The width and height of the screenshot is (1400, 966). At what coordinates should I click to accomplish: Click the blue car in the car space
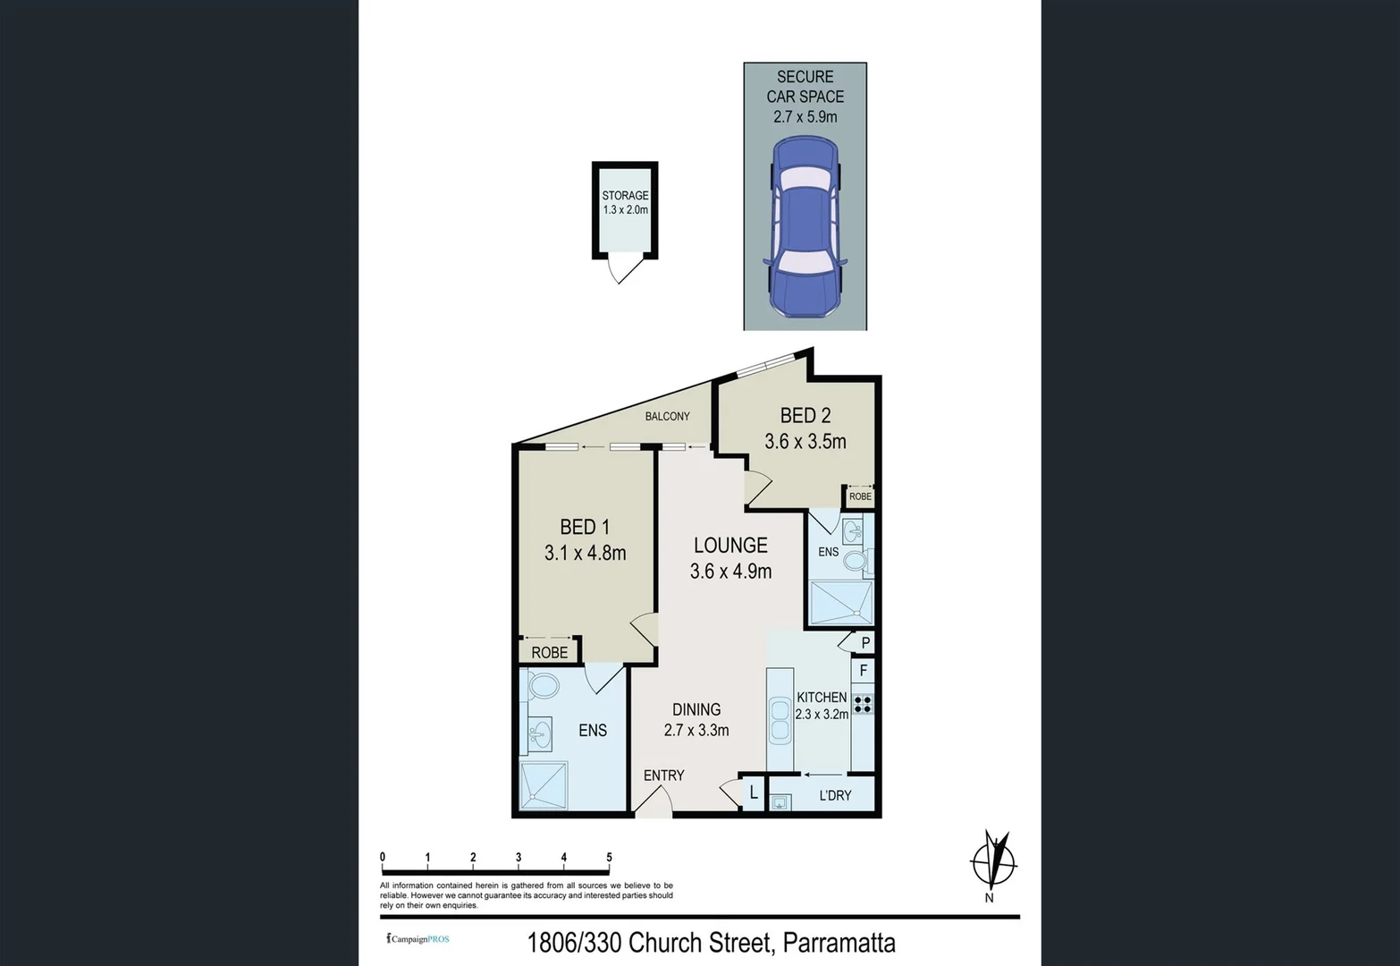click(805, 226)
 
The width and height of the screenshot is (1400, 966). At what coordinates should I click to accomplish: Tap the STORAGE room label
click(625, 196)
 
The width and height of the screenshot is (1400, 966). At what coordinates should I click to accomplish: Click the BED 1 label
click(585, 527)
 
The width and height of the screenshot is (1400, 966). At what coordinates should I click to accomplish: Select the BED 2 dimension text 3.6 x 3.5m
click(805, 442)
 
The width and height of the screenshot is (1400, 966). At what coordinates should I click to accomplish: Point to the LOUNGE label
click(730, 546)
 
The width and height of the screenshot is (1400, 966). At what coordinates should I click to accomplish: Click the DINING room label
click(696, 709)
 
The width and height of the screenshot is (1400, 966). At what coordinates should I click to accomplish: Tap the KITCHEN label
click(822, 697)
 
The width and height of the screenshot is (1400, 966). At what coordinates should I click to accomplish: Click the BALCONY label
click(668, 417)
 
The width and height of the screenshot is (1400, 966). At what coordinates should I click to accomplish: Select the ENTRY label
click(663, 775)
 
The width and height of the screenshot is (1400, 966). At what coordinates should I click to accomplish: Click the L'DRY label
click(835, 795)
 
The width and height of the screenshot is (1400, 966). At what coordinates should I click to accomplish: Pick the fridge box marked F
click(863, 670)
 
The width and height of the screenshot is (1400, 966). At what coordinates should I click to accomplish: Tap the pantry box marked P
click(865, 642)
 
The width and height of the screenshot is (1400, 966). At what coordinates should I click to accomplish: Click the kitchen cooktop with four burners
click(863, 703)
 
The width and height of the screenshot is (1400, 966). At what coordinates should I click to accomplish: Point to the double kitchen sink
click(780, 720)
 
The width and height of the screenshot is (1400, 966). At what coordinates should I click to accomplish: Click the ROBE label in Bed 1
click(550, 653)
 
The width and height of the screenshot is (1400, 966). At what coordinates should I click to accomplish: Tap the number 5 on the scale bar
click(609, 857)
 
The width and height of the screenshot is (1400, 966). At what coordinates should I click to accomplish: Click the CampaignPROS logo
click(417, 938)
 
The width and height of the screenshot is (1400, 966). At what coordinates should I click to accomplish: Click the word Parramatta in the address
click(839, 943)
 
